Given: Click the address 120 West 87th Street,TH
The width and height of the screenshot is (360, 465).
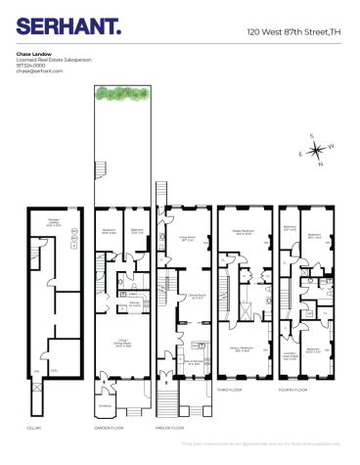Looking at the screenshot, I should [x=293, y=32].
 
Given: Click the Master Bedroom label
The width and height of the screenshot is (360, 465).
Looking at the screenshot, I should [x=242, y=233].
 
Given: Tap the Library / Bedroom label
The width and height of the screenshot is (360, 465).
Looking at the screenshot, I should [x=242, y=349].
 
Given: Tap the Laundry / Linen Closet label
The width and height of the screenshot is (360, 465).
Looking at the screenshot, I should [x=289, y=355].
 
